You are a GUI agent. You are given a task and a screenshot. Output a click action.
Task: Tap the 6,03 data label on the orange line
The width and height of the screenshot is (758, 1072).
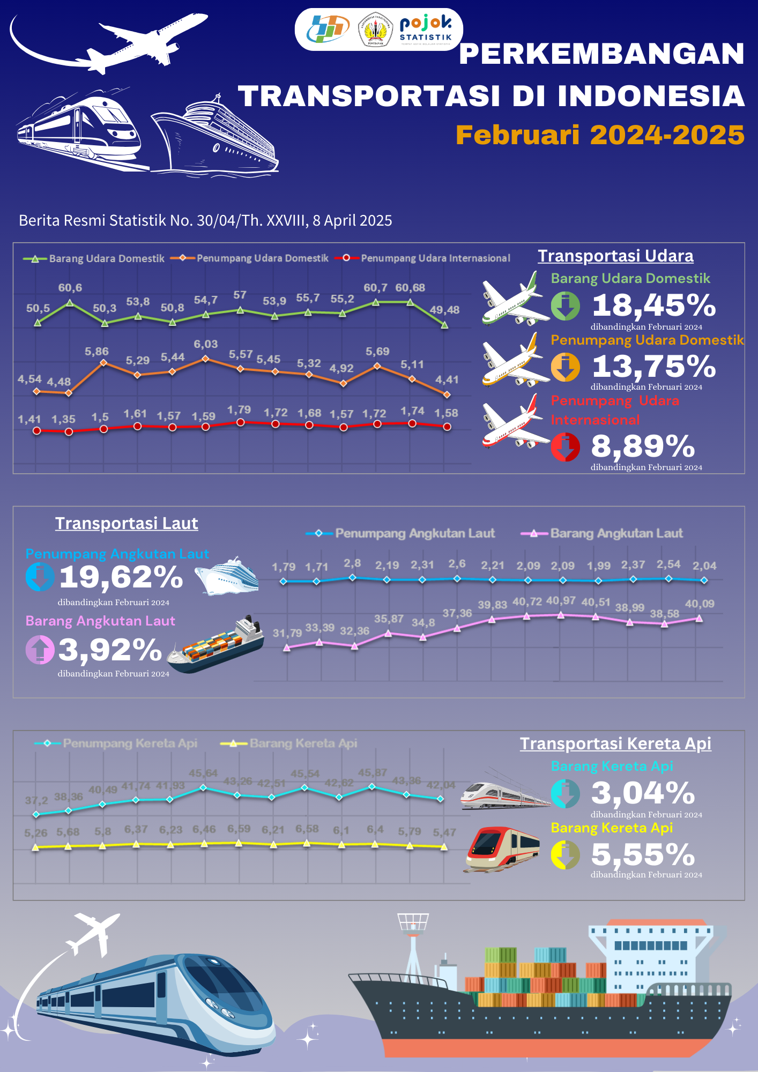pyautogui.click(x=206, y=344)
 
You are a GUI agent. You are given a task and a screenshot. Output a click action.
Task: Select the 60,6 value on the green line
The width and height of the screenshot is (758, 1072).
pyautogui.click(x=70, y=288)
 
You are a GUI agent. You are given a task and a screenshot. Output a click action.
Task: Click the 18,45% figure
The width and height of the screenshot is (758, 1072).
pyautogui.click(x=653, y=306)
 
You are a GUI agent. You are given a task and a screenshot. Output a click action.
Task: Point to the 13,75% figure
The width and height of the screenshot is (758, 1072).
pyautogui.click(x=653, y=367)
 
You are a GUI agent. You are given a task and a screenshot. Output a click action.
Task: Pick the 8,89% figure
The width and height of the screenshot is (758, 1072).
pyautogui.click(x=643, y=446)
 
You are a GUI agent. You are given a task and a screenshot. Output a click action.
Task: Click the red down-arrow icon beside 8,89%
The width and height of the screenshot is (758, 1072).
pyautogui.click(x=565, y=447)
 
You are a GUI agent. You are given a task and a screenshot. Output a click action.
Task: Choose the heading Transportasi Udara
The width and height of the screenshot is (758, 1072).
pyautogui.click(x=615, y=256)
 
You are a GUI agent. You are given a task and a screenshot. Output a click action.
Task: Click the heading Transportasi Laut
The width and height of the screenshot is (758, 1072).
pyautogui.click(x=127, y=523)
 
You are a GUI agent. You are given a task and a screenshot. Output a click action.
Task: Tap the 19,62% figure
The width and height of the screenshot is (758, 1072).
pyautogui.click(x=121, y=577)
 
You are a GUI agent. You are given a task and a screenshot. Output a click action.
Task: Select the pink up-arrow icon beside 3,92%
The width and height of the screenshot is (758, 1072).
pyautogui.click(x=40, y=649)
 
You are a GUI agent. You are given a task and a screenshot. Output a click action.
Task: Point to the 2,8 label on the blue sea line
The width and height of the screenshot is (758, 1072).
pyautogui.click(x=352, y=563)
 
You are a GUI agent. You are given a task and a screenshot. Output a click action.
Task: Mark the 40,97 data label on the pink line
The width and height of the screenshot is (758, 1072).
pyautogui.click(x=560, y=601)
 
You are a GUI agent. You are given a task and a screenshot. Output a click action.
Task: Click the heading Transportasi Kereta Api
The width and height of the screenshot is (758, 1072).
pyautogui.click(x=615, y=744)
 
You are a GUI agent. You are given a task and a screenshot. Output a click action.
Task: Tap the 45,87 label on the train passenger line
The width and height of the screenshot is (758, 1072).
pyautogui.click(x=372, y=773)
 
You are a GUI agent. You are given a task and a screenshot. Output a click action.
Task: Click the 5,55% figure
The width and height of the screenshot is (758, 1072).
pyautogui.click(x=643, y=854)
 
